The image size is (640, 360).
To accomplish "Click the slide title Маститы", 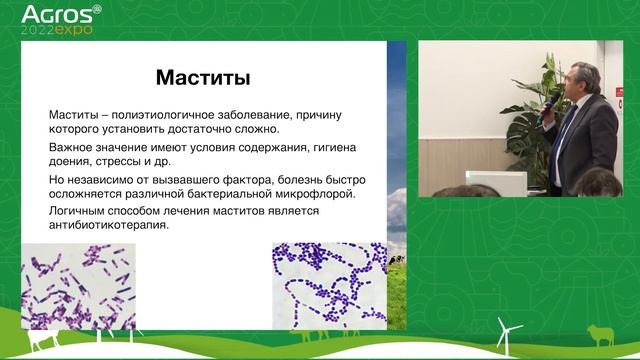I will [204, 76].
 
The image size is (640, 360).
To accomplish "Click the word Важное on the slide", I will [74, 146].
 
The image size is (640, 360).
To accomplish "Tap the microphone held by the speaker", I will [549, 104].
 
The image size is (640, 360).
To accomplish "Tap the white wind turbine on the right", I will [504, 333].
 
